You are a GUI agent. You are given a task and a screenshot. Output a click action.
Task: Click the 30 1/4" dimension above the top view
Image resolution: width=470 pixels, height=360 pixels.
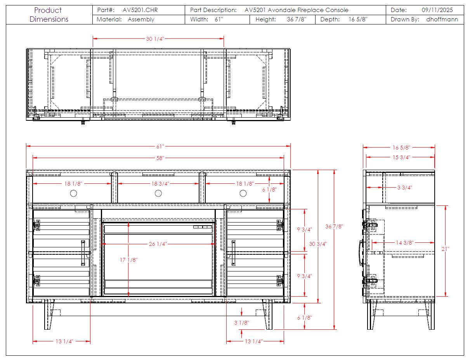click(x=155, y=39)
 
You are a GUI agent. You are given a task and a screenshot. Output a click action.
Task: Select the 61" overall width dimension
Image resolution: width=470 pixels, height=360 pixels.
click(x=160, y=146)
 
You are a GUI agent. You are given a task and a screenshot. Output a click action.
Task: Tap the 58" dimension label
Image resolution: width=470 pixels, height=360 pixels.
click(x=160, y=158)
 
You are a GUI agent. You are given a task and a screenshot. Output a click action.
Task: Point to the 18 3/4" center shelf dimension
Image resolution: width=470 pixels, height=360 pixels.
click(x=160, y=184)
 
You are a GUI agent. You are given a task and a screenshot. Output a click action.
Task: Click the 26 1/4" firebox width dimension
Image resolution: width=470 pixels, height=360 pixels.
click(x=158, y=244)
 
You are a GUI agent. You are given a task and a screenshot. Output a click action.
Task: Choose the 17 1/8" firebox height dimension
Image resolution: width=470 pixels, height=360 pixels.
click(x=129, y=260)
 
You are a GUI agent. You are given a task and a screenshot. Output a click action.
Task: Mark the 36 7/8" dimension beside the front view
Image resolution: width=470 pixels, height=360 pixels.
click(x=334, y=226)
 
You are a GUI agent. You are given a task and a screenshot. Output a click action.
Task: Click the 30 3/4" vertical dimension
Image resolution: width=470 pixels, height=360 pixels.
click(x=318, y=244)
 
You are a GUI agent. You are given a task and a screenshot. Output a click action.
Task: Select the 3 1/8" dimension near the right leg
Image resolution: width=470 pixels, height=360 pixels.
click(x=241, y=323)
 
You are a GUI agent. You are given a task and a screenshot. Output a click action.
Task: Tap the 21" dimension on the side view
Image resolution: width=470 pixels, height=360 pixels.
click(x=445, y=249)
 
